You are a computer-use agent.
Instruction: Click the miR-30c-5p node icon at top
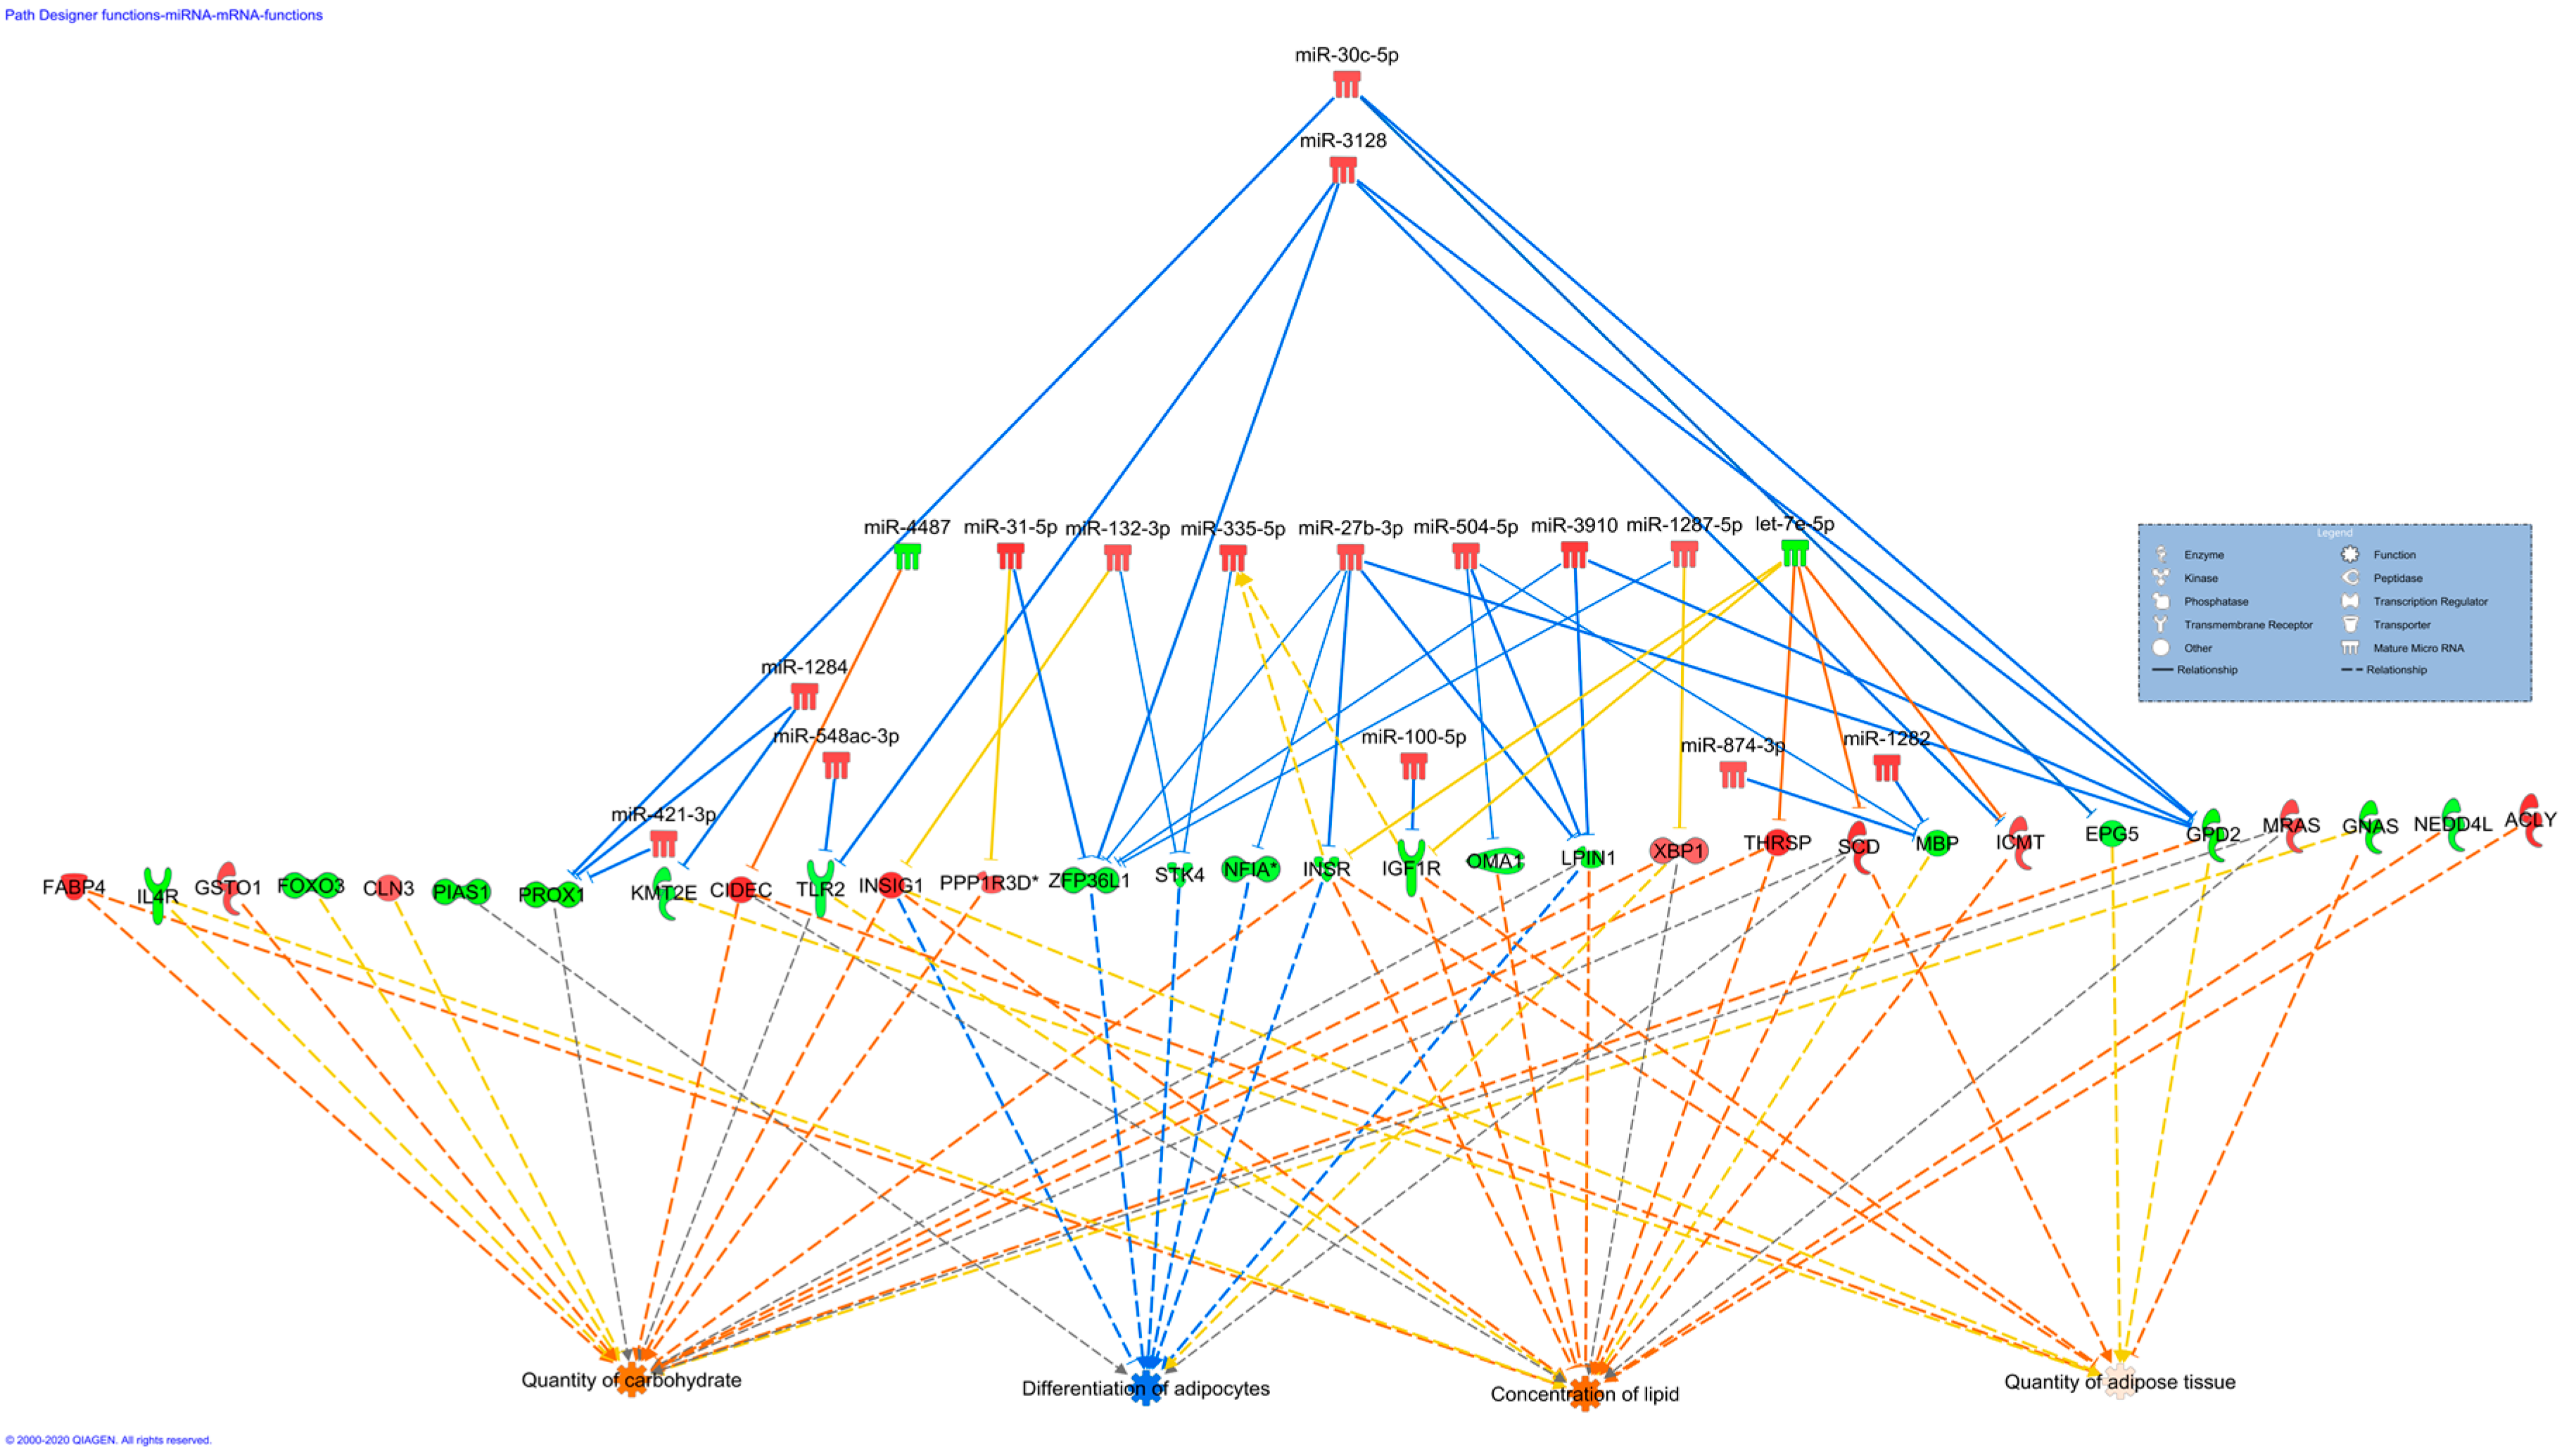[x=1346, y=83]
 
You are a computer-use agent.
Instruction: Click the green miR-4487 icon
[x=906, y=556]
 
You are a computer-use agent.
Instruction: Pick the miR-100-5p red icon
[x=1413, y=765]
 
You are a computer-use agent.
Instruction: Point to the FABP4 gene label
[x=73, y=887]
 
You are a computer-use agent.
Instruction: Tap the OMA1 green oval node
[x=1494, y=860]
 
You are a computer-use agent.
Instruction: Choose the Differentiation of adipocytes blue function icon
[x=1145, y=1387]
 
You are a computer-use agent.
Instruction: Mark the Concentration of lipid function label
[x=1584, y=1394]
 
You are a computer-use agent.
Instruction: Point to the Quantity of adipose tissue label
[x=2119, y=1382]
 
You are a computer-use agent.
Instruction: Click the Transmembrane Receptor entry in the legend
[x=2247, y=625]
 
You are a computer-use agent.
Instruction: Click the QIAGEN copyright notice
[x=108, y=1440]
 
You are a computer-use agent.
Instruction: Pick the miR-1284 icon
[x=804, y=696]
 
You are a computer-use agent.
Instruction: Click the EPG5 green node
[x=2110, y=834]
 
